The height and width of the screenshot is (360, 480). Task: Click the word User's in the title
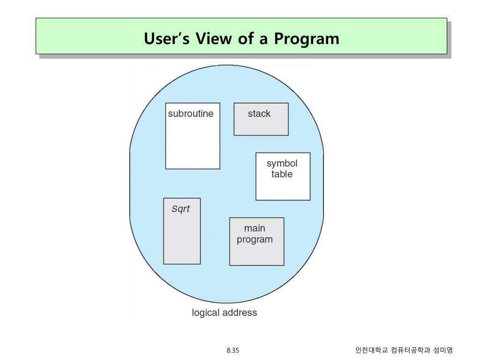click(x=167, y=38)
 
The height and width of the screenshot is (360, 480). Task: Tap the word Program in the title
click(x=307, y=38)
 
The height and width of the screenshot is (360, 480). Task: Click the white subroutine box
click(x=193, y=141)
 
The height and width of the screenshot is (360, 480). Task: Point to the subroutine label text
click(x=190, y=113)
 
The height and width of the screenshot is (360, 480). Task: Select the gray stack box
click(x=261, y=124)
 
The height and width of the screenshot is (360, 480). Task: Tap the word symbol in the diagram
click(x=282, y=163)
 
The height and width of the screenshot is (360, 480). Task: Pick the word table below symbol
click(x=282, y=174)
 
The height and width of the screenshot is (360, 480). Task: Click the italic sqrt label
click(x=180, y=209)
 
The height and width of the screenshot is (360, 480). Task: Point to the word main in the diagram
click(x=255, y=228)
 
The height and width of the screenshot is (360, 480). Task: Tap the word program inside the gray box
click(x=255, y=240)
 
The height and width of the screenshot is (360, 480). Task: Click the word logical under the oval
click(x=206, y=312)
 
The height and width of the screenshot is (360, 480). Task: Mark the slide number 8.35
click(x=232, y=350)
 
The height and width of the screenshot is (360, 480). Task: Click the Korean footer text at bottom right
click(x=404, y=350)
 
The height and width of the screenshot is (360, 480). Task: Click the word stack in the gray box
click(x=259, y=113)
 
